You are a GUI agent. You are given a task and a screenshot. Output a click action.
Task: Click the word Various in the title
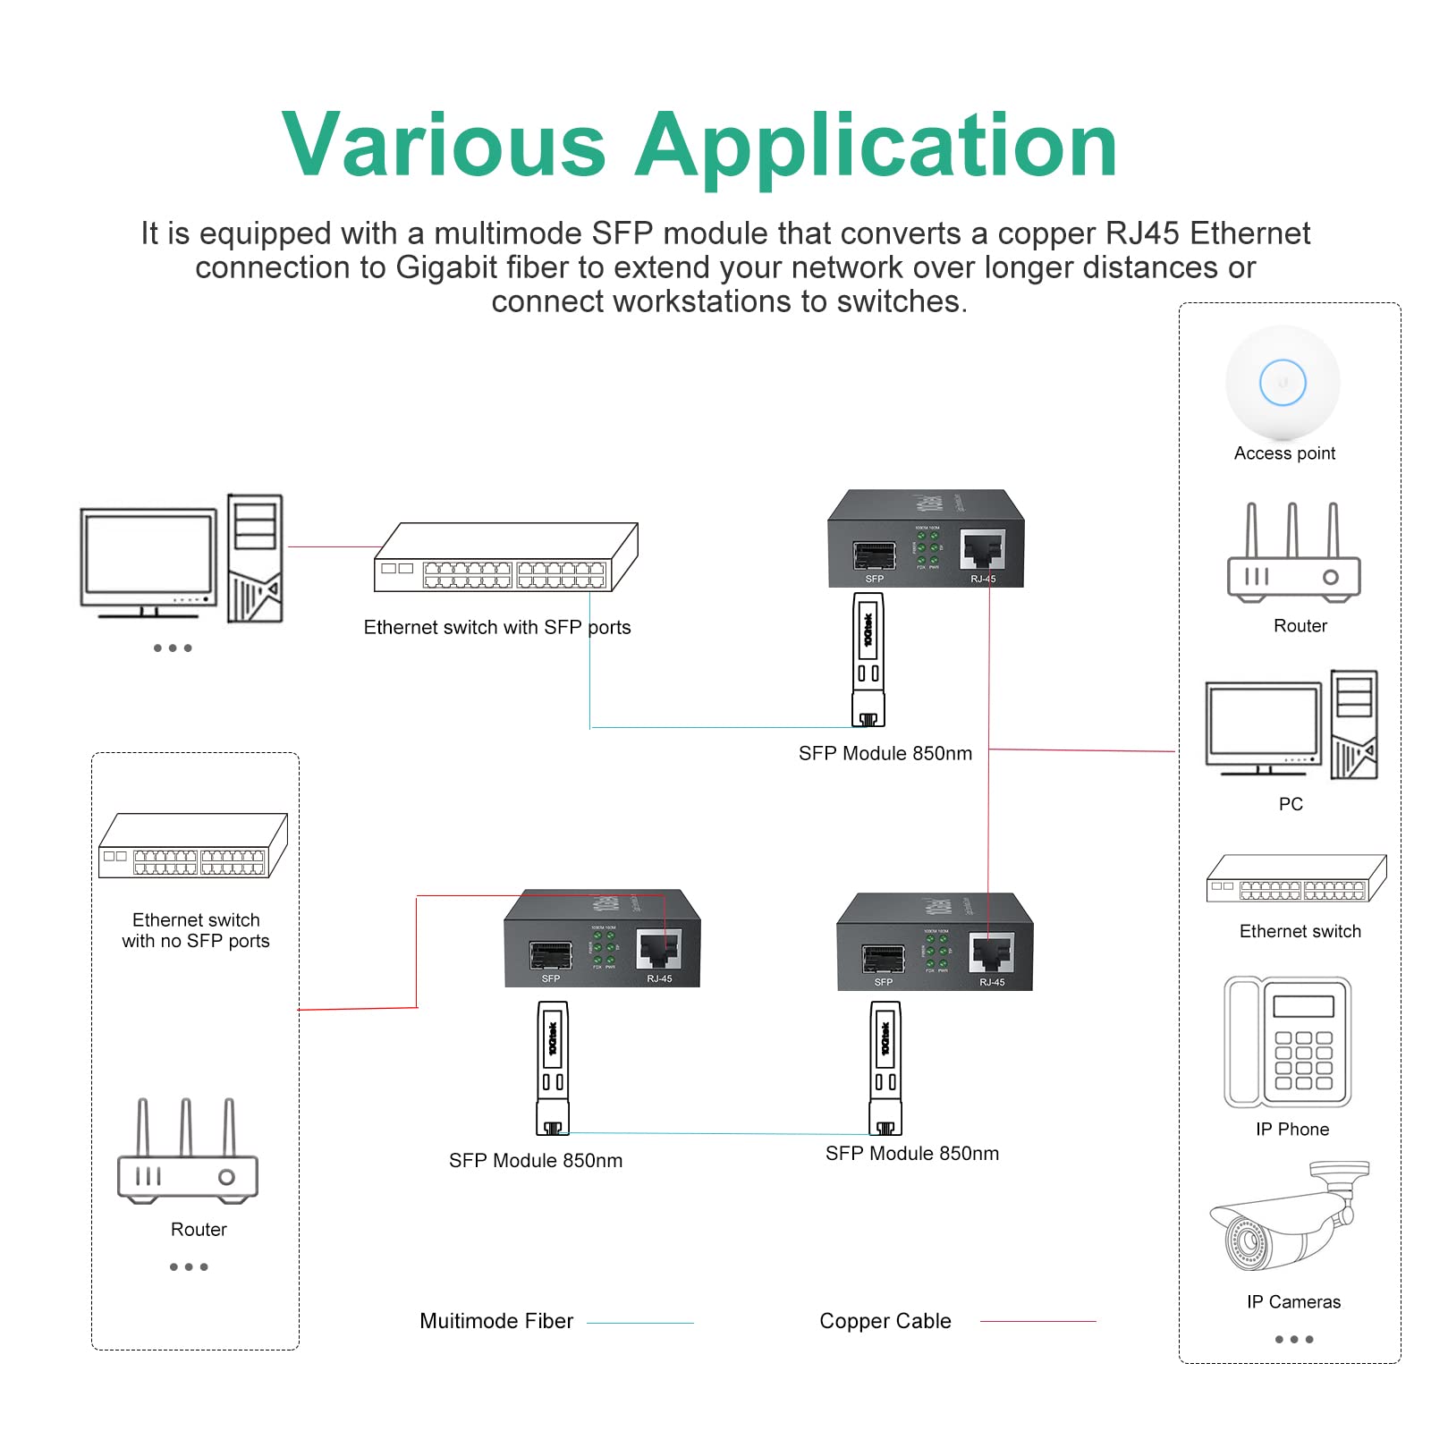tap(445, 146)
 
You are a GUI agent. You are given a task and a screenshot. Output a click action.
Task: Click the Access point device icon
tap(1283, 383)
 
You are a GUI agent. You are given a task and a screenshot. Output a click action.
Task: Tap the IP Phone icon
tap(1288, 1043)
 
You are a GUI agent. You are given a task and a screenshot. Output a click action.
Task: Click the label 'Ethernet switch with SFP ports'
tap(496, 628)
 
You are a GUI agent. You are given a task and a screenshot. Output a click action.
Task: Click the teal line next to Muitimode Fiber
tap(639, 1323)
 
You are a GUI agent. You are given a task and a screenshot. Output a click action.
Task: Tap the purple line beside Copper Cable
tap(1037, 1322)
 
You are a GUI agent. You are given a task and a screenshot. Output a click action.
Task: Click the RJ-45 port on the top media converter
tap(982, 548)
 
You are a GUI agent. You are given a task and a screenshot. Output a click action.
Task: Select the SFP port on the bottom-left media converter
tap(551, 955)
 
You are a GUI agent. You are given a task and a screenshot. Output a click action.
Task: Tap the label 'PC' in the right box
tap(1291, 804)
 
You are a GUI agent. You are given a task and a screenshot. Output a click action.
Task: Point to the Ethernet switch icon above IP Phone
tap(1296, 878)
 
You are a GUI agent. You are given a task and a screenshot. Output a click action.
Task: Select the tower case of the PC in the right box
tap(1353, 724)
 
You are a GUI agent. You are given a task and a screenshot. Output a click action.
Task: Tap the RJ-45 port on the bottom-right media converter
tap(992, 953)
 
